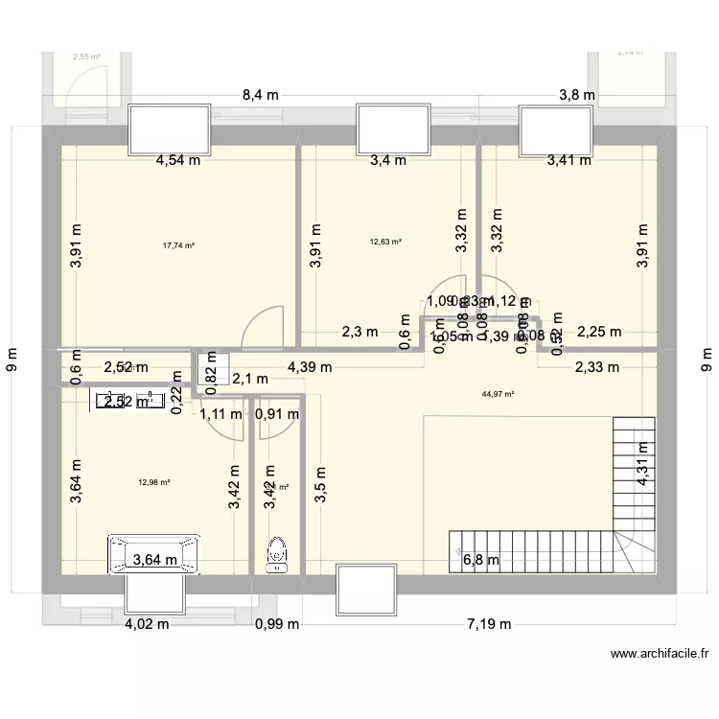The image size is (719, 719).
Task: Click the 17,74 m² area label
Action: click(x=178, y=245)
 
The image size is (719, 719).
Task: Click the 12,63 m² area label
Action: click(x=385, y=242)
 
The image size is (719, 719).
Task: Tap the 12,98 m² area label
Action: click(x=154, y=482)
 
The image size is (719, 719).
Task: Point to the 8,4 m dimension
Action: click(x=260, y=95)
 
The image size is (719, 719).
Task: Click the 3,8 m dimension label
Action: click(x=577, y=95)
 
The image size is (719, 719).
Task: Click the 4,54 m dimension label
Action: click(x=179, y=161)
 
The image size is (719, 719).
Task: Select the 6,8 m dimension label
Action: click(x=479, y=561)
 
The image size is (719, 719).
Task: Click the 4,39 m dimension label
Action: click(x=310, y=366)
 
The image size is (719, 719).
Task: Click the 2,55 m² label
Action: click(x=86, y=56)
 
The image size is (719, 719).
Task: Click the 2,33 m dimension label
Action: click(x=597, y=366)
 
